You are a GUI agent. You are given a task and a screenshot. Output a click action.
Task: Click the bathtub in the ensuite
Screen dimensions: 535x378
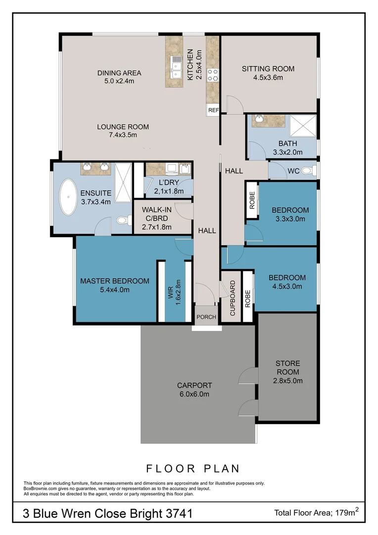point(68,197)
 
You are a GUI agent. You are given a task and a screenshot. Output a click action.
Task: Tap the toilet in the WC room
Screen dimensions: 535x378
point(307,171)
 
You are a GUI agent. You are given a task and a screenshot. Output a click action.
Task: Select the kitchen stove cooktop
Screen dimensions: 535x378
point(213,75)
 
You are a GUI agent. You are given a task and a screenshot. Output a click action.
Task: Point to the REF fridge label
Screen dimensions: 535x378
point(213,110)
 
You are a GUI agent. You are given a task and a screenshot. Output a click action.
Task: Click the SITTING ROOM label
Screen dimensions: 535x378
point(268,69)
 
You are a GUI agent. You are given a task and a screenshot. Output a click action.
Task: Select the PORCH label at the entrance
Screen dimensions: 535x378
point(206,317)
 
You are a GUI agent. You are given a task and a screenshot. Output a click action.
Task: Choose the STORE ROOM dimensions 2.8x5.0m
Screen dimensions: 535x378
point(287,380)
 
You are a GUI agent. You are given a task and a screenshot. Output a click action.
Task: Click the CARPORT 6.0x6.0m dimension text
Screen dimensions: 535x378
point(194,394)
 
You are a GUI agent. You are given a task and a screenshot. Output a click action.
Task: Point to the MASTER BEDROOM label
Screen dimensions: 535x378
point(114,281)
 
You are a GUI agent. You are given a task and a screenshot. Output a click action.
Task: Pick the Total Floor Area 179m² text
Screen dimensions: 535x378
point(316,513)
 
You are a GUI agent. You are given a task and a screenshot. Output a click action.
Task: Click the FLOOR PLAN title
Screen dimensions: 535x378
point(192,468)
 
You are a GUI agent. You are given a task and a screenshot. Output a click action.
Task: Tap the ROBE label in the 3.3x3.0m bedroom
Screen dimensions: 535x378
point(252,200)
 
